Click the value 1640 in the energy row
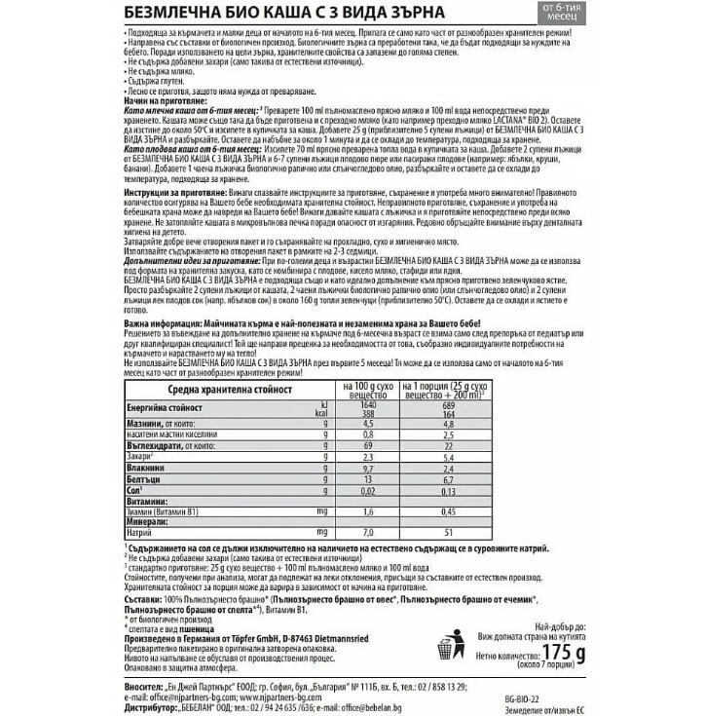pyautogui.click(x=368, y=403)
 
